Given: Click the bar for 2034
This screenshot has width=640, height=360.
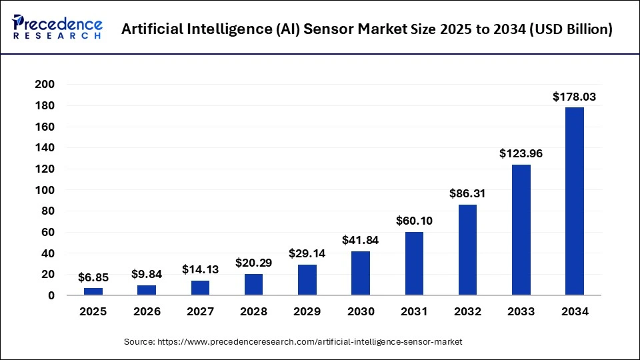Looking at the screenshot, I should pyautogui.click(x=574, y=201).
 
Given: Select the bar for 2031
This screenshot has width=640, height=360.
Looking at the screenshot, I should pyautogui.click(x=414, y=263).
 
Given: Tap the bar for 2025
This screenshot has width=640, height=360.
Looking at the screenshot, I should pyautogui.click(x=93, y=291).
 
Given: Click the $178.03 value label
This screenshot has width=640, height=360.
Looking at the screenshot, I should pyautogui.click(x=574, y=97).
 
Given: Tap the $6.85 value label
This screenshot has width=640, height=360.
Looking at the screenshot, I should pyautogui.click(x=93, y=277).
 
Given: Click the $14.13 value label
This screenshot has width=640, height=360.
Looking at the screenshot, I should pyautogui.click(x=200, y=270).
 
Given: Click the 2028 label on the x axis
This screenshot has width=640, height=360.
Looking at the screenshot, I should pyautogui.click(x=254, y=311).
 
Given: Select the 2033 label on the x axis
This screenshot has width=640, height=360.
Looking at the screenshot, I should pyautogui.click(x=521, y=311).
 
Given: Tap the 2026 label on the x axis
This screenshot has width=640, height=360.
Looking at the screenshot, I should pyautogui.click(x=147, y=311).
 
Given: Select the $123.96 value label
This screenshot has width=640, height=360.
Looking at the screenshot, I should pyautogui.click(x=521, y=154).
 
